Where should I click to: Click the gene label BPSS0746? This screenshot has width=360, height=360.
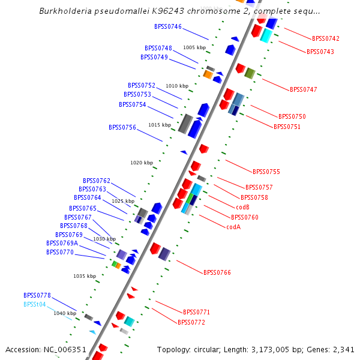[x=168, y=27]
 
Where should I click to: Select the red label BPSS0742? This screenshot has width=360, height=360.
[x=326, y=38]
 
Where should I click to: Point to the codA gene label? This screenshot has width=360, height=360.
[x=233, y=227]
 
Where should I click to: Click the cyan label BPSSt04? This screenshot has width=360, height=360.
[x=35, y=304]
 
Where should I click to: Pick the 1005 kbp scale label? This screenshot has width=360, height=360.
[x=194, y=47]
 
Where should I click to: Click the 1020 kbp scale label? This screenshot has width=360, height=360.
[x=142, y=163]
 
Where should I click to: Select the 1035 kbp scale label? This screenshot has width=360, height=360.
[x=85, y=276]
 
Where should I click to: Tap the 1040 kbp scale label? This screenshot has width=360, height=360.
[x=65, y=313]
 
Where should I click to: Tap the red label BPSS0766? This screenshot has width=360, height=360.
[x=217, y=272]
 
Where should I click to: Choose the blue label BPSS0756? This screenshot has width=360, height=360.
[x=122, y=127]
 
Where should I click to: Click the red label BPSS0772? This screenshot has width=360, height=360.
[x=191, y=322]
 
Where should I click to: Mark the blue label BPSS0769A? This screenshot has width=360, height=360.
[x=62, y=244]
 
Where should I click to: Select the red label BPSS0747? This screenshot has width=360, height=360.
[x=304, y=89]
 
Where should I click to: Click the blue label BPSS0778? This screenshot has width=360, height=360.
[x=37, y=295]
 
